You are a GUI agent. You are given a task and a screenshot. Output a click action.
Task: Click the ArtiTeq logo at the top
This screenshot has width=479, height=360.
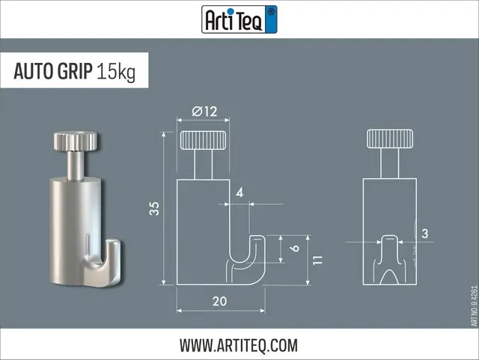(x=239, y=19)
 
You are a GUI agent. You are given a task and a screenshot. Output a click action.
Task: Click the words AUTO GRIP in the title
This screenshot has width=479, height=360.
(x=53, y=73)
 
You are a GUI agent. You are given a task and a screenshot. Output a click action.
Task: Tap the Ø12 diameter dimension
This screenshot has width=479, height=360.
(x=204, y=112)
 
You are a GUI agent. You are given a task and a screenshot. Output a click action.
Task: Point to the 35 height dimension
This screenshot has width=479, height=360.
(x=154, y=208)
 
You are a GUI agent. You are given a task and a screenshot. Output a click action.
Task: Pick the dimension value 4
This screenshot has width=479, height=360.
(x=239, y=192)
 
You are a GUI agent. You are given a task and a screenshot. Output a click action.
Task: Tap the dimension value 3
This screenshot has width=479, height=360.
(x=424, y=234)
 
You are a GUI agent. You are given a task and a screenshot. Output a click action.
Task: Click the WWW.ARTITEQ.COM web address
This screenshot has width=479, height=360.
(x=239, y=345)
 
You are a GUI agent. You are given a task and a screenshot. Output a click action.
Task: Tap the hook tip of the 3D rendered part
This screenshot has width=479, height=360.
(x=115, y=247)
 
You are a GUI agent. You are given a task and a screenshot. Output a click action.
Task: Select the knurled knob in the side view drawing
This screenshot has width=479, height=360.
(x=204, y=139)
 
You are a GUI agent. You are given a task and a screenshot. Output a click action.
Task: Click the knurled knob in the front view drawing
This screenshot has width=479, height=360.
(x=390, y=139)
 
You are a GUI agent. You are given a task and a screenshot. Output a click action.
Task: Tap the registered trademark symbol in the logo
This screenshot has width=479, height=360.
(x=271, y=11)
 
